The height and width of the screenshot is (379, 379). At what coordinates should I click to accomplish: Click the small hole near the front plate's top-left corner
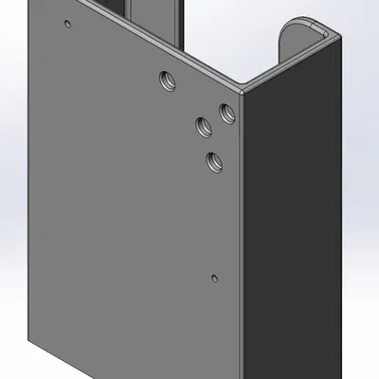(66, 24)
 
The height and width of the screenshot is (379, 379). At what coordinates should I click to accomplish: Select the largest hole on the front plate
(168, 81)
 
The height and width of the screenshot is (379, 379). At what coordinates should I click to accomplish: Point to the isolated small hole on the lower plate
(214, 278)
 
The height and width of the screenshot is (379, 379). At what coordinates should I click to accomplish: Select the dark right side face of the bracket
(294, 218)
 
